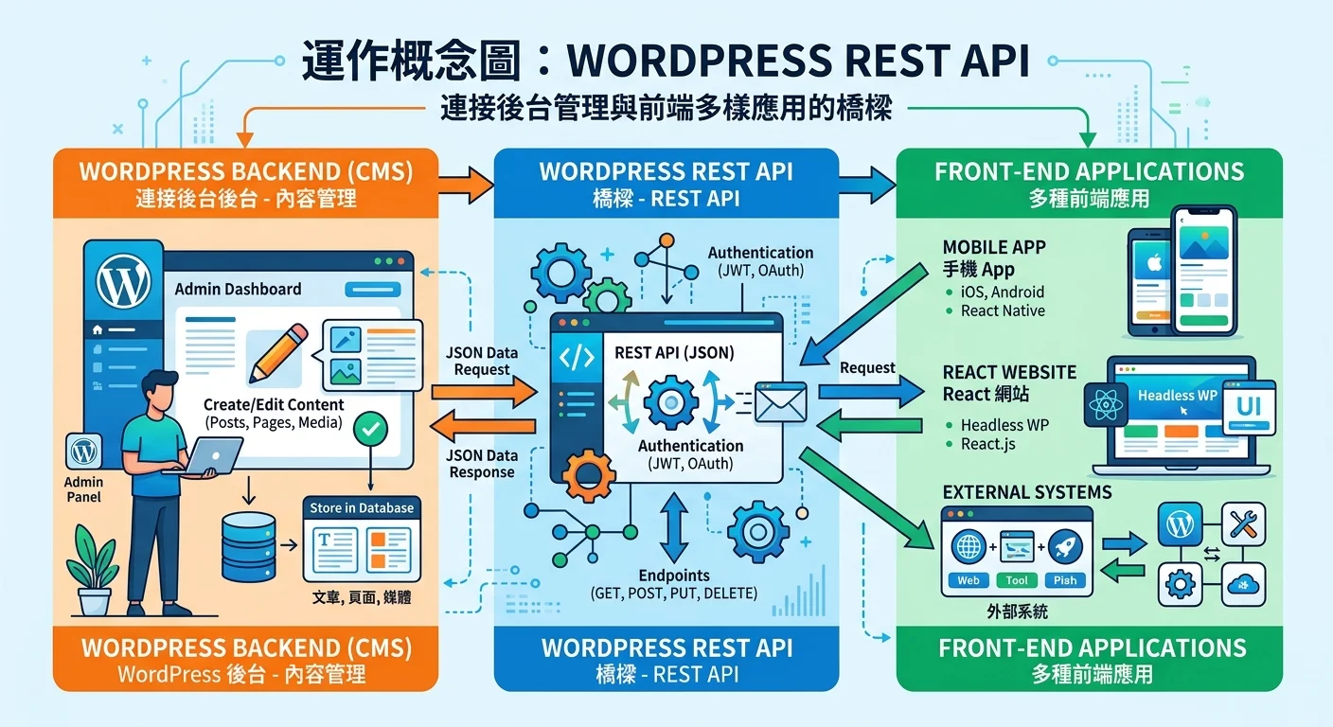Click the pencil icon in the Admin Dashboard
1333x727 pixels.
pyautogui.click(x=277, y=354)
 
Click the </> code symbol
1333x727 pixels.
pyautogui.click(x=578, y=357)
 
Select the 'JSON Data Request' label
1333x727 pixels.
pyautogui.click(x=482, y=361)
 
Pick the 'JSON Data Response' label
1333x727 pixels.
pyautogui.click(x=482, y=464)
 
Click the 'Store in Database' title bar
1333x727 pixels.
pyautogui.click(x=362, y=508)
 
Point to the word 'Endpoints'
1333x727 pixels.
pyautogui.click(x=673, y=576)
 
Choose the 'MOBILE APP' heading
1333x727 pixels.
pyautogui.click(x=994, y=247)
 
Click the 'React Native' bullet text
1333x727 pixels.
pyautogui.click(x=1003, y=310)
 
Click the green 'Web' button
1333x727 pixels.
pyautogui.click(x=969, y=580)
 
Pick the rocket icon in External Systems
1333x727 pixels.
pyautogui.click(x=1065, y=546)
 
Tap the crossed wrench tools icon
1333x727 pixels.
pyautogui.click(x=1243, y=522)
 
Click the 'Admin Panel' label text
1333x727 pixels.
pyautogui.click(x=83, y=489)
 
